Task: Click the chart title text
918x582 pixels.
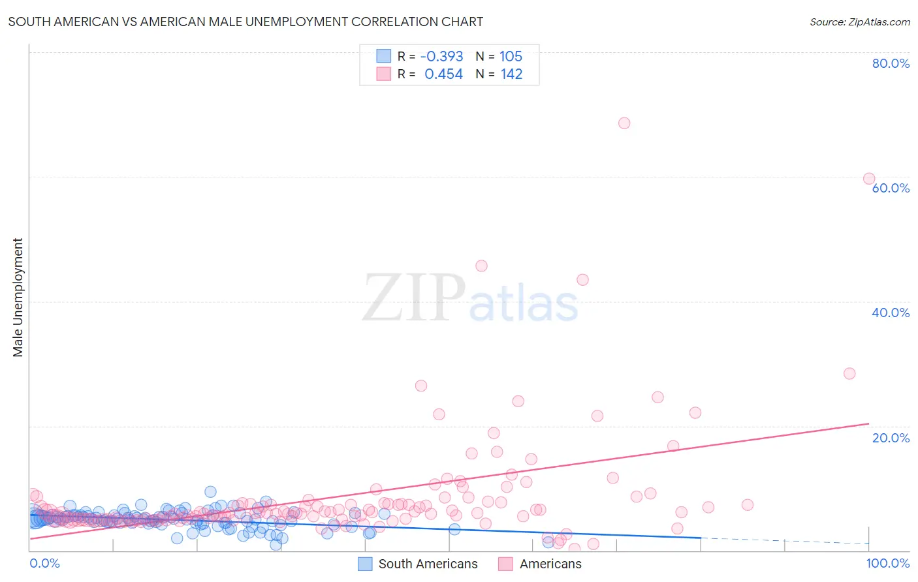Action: (245, 22)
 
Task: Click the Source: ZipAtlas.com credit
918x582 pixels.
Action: (859, 22)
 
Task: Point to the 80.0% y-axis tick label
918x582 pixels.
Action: (890, 63)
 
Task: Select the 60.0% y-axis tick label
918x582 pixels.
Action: (890, 188)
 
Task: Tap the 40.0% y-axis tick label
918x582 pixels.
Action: (890, 313)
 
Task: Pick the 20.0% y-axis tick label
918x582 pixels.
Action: (890, 438)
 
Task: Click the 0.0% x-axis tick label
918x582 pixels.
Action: (44, 563)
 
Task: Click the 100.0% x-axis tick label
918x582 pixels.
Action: (887, 563)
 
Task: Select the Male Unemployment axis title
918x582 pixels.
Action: (18, 298)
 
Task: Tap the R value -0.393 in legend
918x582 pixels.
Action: (441, 56)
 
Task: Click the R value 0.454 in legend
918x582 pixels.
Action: (443, 74)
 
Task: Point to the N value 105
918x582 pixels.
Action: (511, 56)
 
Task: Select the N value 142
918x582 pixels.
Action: (511, 74)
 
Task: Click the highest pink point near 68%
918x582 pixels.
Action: (624, 123)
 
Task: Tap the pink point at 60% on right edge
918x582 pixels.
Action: (869, 179)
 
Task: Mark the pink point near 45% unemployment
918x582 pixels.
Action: (481, 266)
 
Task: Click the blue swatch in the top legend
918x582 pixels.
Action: (383, 56)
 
